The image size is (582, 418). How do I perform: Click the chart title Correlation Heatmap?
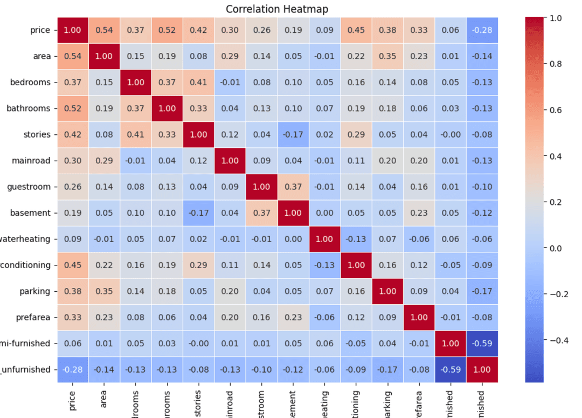pos(276,9)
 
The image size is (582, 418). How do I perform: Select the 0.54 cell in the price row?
pos(105,30)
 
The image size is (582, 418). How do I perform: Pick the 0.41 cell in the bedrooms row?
pos(198,83)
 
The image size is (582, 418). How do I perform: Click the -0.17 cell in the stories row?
pos(293,134)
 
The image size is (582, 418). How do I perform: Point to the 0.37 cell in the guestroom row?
pos(293,187)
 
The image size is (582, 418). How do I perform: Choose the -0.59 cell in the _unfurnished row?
pos(449,369)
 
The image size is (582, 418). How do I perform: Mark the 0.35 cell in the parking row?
pos(105,291)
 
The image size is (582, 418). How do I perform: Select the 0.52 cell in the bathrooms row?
pos(73,108)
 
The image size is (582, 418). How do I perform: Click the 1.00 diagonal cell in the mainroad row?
pos(230,161)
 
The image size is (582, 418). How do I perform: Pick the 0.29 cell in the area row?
pos(230,56)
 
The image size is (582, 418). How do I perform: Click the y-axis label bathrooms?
pos(29,108)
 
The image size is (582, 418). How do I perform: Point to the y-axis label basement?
pos(30,213)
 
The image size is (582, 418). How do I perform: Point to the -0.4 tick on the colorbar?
pos(557,340)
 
